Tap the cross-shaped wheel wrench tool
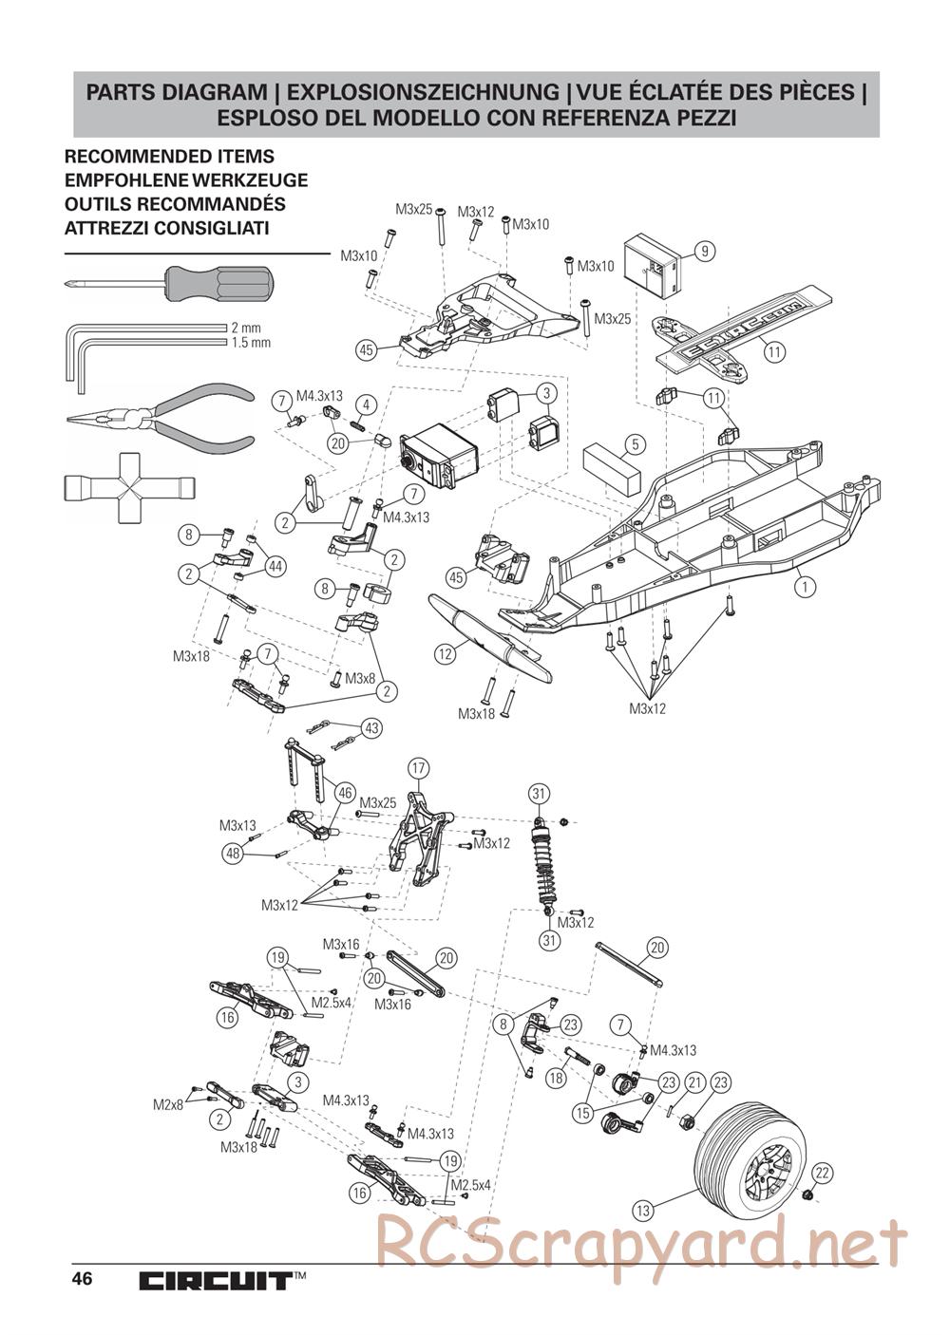[128, 486]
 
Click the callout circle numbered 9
[704, 252]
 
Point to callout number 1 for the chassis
[806, 587]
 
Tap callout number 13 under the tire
[644, 1211]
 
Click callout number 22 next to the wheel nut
[823, 1173]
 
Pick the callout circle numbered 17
[418, 767]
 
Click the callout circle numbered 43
[370, 728]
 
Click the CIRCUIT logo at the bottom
[215, 1281]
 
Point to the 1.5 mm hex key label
[251, 343]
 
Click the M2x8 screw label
[168, 1104]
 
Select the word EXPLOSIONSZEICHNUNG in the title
[423, 93]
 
